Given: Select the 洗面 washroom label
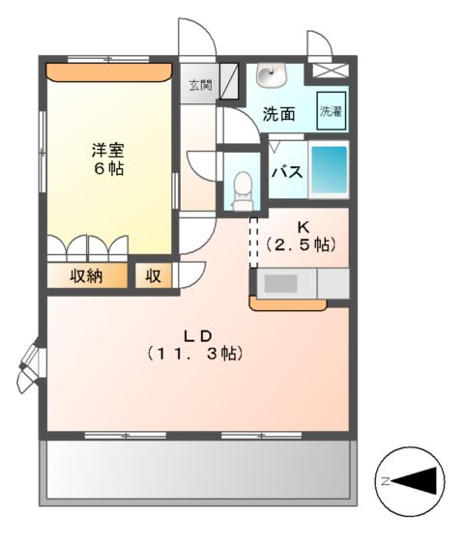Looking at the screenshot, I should [279, 113].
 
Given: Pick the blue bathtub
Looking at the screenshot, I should [329, 171].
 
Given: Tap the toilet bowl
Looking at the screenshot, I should [242, 186].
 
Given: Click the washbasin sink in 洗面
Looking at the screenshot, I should [269, 75].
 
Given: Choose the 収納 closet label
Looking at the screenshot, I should [86, 275].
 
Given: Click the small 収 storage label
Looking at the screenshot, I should [153, 275].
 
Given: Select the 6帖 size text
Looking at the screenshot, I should [108, 168].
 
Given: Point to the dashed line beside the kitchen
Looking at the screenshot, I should [254, 242].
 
